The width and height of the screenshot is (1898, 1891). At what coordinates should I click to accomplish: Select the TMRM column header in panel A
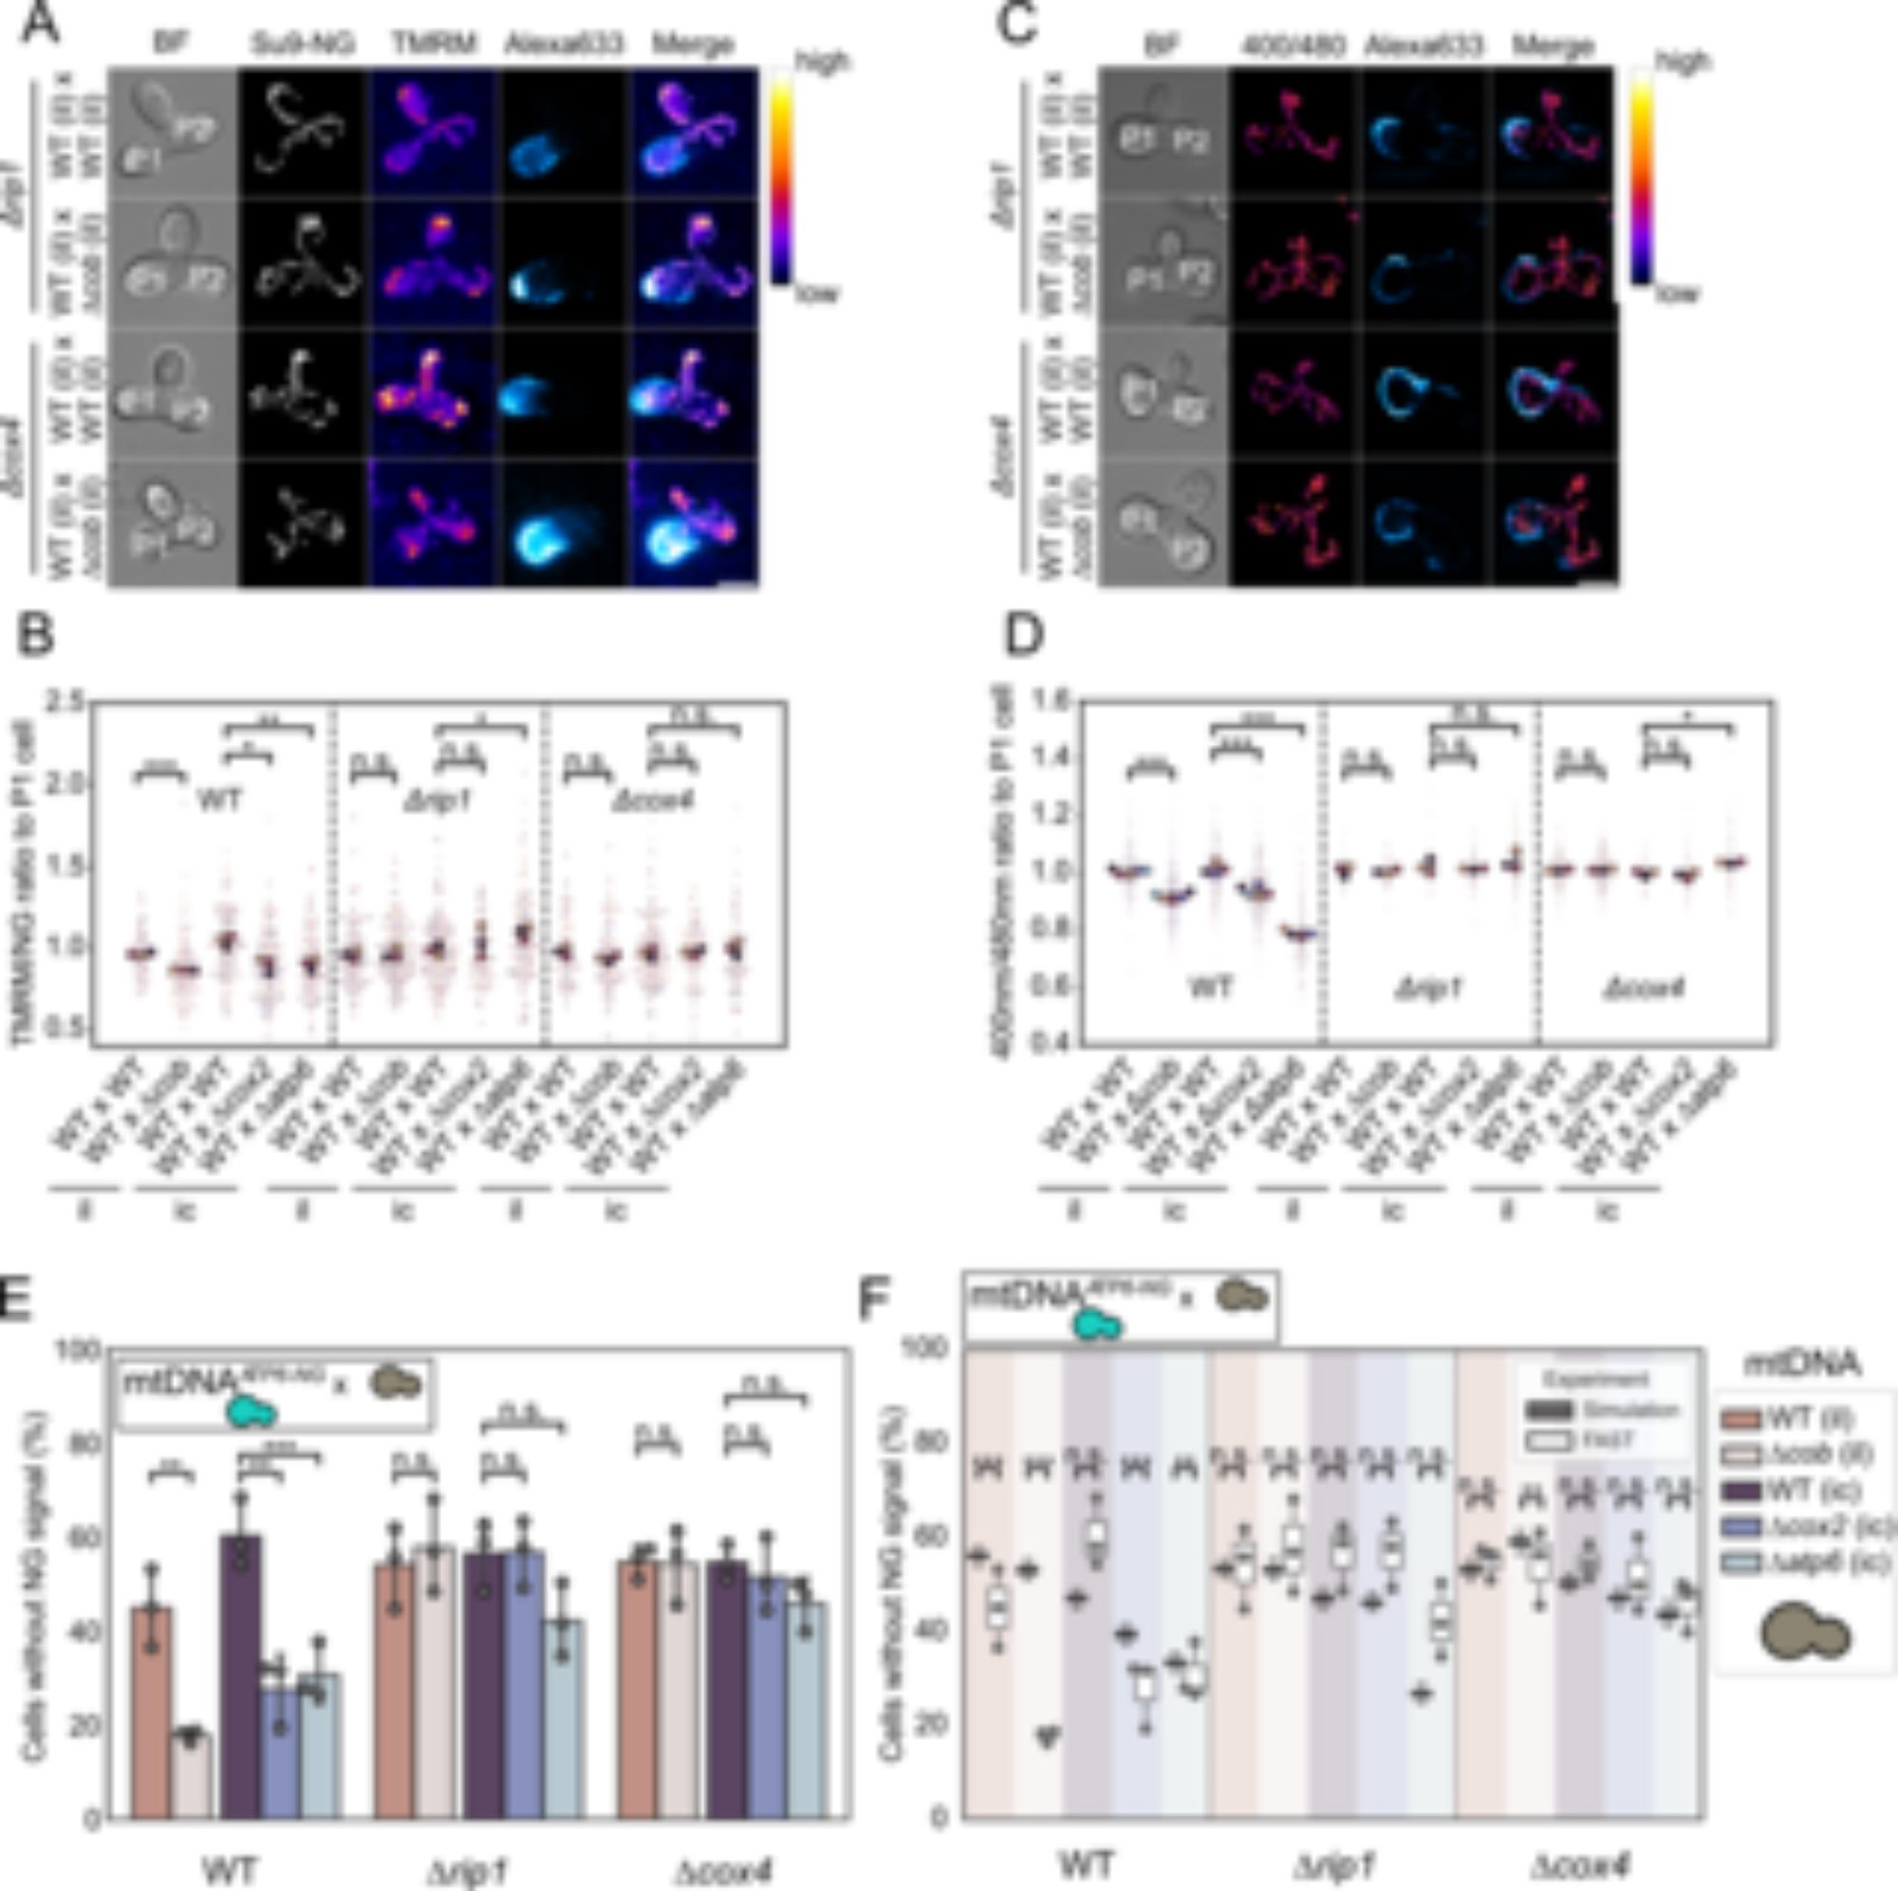coord(434,45)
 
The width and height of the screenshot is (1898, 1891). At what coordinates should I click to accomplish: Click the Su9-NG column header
coord(302,45)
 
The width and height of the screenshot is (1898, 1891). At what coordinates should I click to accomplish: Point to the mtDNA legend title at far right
coord(1802,1363)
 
